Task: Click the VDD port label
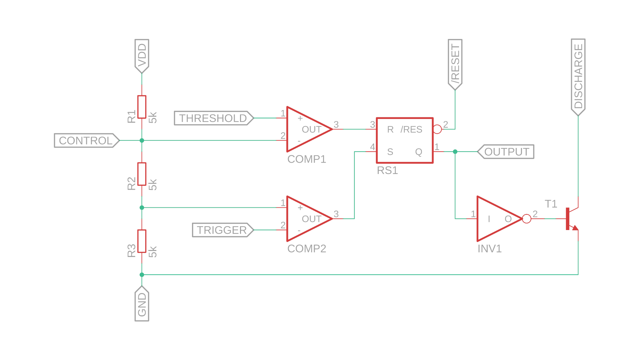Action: coord(142,55)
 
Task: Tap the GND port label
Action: coord(142,304)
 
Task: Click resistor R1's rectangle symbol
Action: coord(142,107)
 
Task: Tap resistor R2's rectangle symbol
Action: coord(142,174)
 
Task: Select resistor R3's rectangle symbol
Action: coord(142,241)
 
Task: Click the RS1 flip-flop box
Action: coord(405,140)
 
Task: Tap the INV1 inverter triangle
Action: coord(497,219)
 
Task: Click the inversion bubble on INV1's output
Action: coord(527,219)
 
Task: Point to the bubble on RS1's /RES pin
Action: coord(437,129)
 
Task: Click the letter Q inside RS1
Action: coord(419,152)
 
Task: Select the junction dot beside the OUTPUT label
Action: coord(455,152)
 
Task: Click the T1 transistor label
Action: coord(551,204)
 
